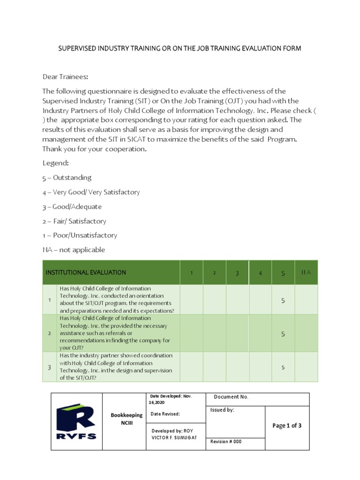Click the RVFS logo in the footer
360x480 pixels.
(76, 422)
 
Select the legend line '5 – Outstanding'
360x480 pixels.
(67, 178)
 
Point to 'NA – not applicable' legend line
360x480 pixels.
(74, 250)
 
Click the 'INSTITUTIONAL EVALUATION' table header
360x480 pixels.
(85, 272)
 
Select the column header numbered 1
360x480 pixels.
(191, 273)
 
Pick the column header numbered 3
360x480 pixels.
(237, 273)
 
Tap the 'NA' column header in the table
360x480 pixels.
(306, 272)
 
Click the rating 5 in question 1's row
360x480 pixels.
(283, 300)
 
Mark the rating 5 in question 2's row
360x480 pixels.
(283, 334)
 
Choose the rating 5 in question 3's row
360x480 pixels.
(283, 367)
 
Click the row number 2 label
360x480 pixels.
(49, 333)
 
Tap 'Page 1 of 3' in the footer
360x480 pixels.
(287, 426)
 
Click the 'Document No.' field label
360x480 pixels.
(231, 397)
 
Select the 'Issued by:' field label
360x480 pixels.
(222, 410)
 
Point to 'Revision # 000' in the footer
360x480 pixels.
(226, 442)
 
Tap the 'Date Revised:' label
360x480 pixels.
(165, 414)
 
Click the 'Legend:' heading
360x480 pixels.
(55, 163)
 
